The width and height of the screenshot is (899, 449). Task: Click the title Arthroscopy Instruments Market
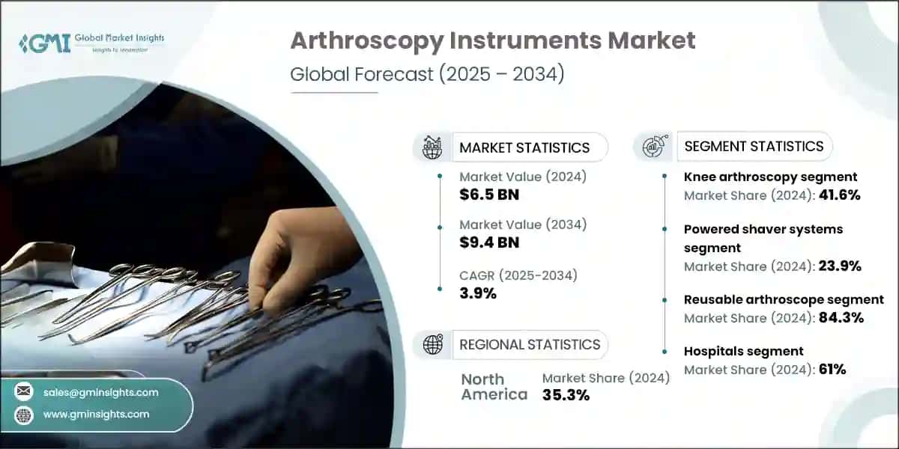(x=493, y=40)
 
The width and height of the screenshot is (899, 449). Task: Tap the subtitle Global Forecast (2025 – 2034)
(x=427, y=75)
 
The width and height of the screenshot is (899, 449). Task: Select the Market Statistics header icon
(x=432, y=147)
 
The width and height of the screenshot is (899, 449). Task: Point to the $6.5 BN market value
(x=489, y=195)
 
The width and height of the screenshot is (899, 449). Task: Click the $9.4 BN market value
(x=489, y=242)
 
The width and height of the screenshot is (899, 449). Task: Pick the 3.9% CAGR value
(x=478, y=293)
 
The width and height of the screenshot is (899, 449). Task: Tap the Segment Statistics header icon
(x=653, y=146)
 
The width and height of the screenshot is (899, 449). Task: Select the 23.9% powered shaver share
(x=839, y=266)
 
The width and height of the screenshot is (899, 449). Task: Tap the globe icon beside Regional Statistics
(x=432, y=344)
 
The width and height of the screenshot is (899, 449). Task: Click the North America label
(x=494, y=386)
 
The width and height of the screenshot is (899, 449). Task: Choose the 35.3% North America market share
(x=566, y=395)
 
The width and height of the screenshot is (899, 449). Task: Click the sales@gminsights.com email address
(x=100, y=392)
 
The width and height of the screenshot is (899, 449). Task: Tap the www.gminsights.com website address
(x=96, y=414)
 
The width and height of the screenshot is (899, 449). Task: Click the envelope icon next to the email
(x=24, y=392)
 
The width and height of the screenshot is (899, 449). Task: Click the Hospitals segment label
(x=743, y=351)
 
